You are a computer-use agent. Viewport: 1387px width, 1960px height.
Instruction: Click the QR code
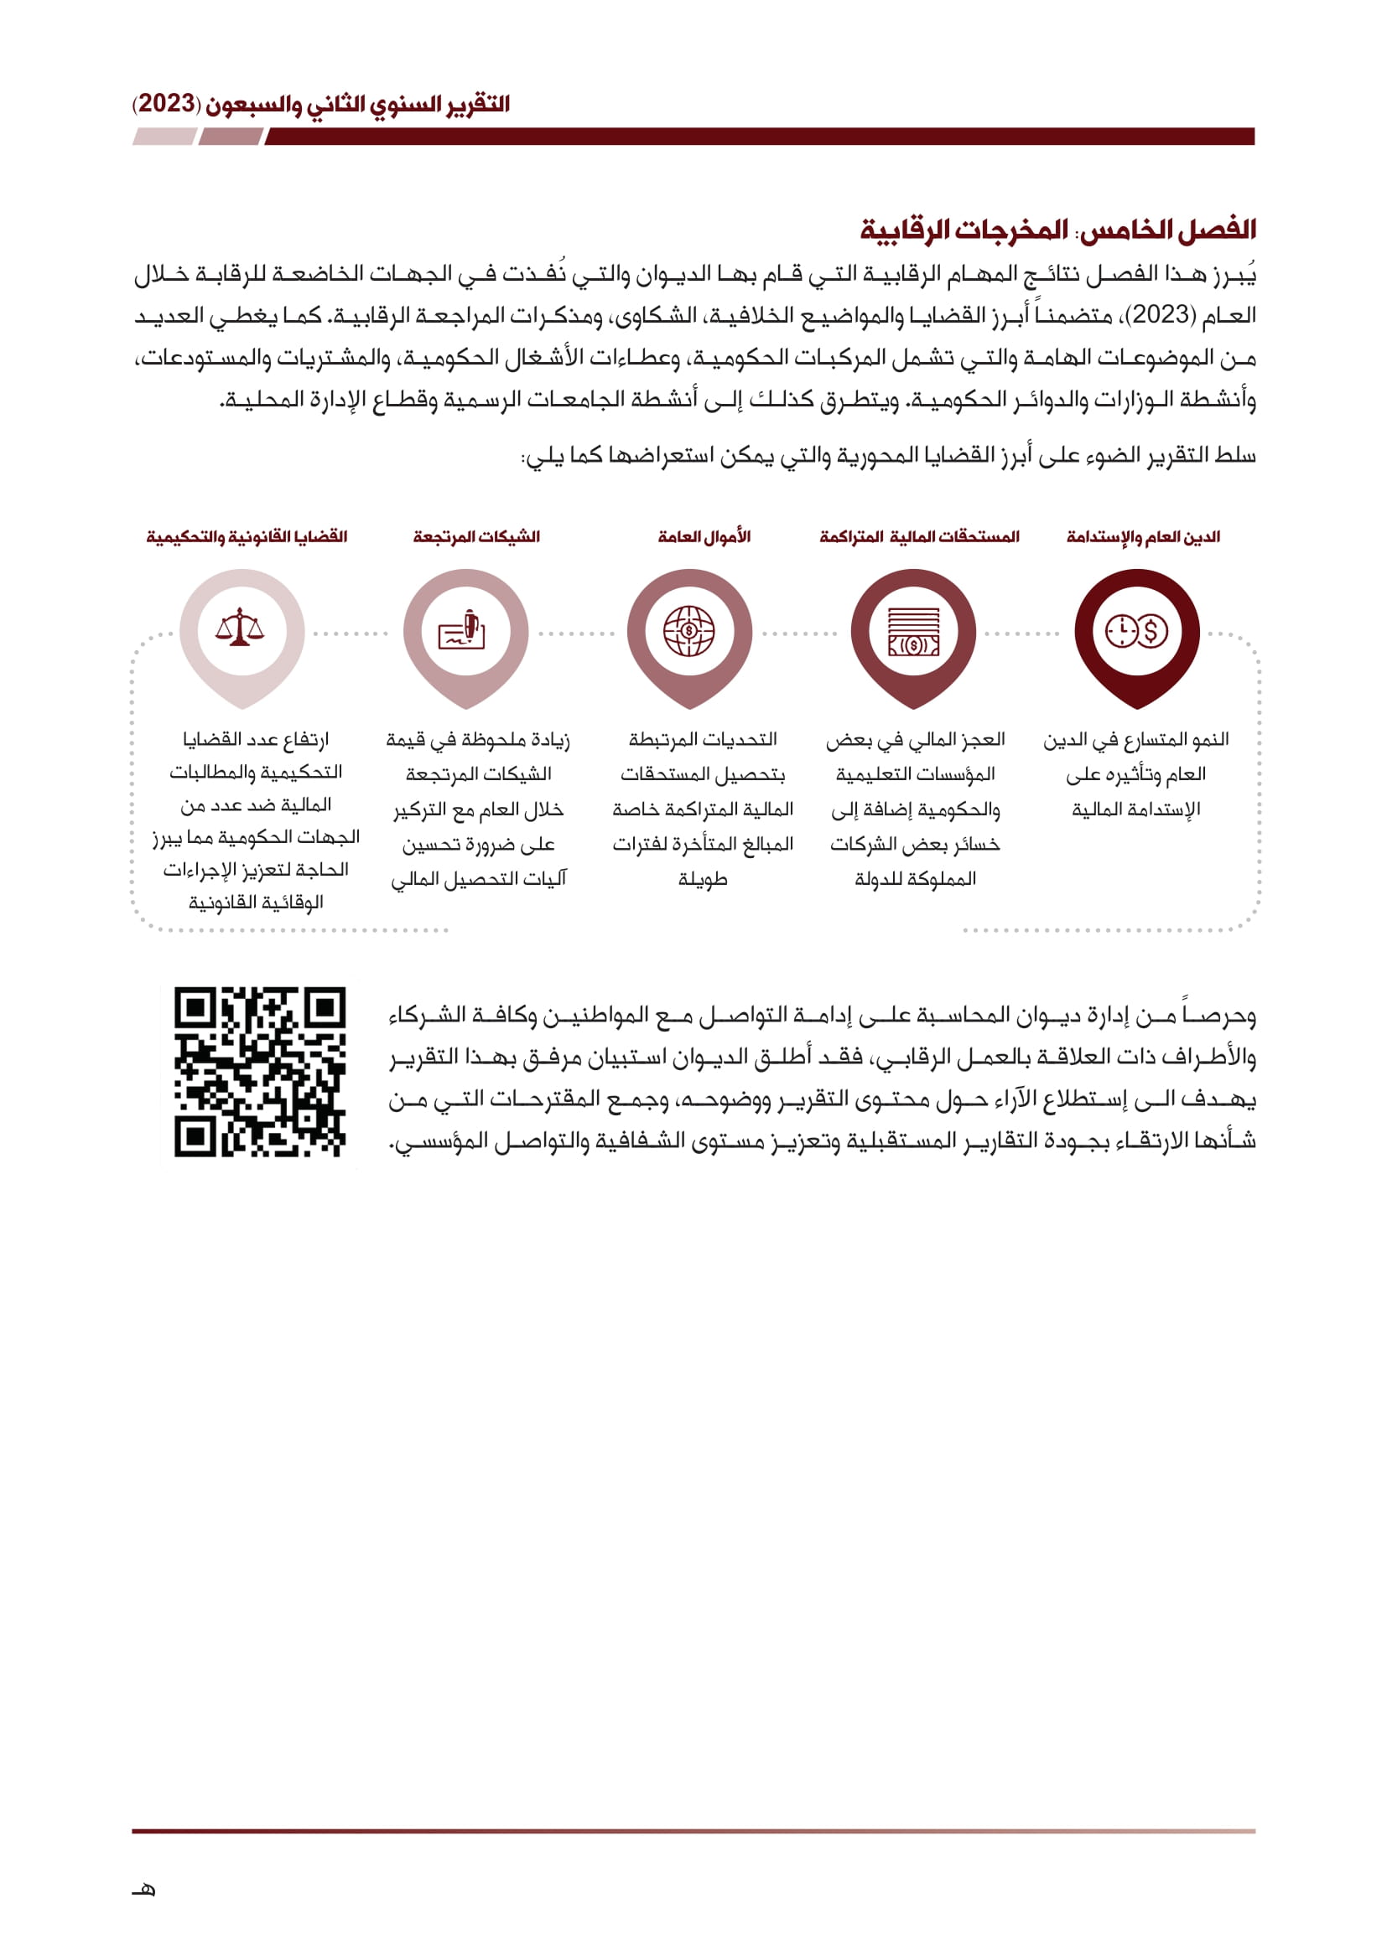[260, 1073]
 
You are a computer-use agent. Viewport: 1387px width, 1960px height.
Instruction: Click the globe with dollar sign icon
[688, 631]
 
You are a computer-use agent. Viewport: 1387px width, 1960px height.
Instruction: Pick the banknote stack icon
[913, 632]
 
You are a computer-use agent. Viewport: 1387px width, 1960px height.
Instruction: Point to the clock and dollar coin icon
[1137, 632]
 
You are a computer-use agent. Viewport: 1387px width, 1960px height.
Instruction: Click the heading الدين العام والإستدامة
[1143, 537]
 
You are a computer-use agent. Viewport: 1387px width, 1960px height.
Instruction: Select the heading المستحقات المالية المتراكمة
[919, 537]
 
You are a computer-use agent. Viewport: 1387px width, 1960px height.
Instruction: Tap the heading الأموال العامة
[704, 537]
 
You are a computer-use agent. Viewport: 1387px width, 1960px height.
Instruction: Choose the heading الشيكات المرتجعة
[476, 537]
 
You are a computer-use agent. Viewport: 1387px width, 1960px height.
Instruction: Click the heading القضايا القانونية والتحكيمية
[247, 537]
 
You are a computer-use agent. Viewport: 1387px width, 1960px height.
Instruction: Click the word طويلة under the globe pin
[703, 879]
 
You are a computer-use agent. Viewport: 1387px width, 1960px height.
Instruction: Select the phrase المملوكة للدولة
[915, 879]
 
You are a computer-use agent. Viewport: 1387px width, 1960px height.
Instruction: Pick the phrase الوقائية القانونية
[257, 902]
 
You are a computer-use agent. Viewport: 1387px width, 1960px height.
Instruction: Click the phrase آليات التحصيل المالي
[478, 879]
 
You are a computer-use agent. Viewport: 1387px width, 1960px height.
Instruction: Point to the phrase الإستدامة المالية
[1136, 809]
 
